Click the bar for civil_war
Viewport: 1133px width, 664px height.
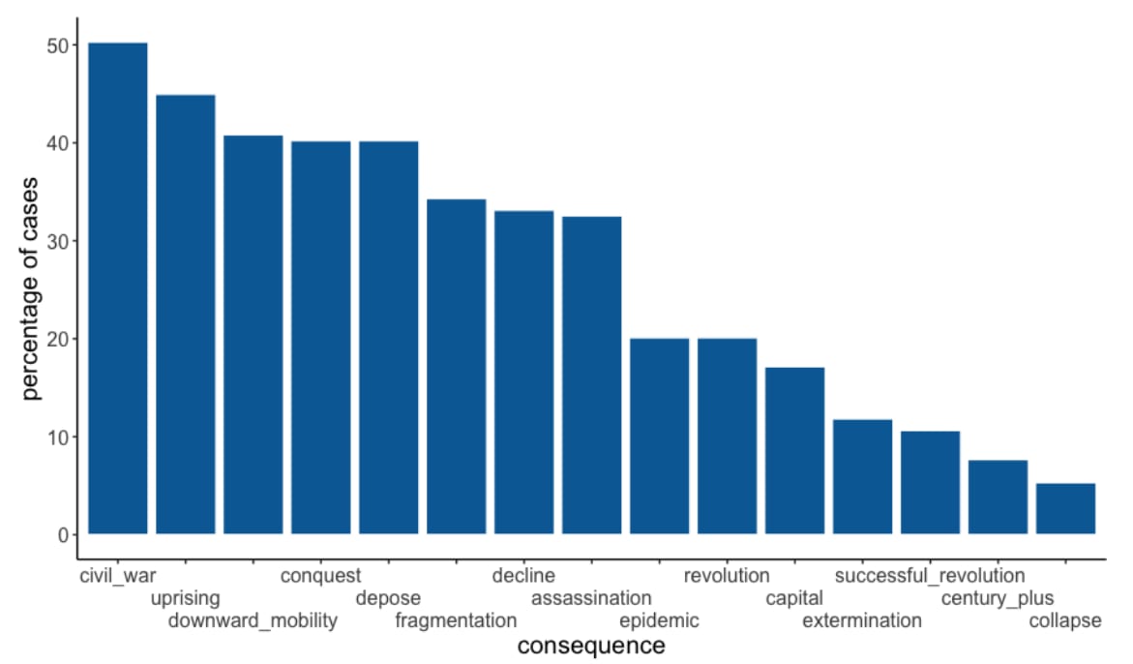[x=118, y=288]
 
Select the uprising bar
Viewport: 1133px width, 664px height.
[x=186, y=315]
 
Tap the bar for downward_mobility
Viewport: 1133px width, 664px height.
[x=253, y=335]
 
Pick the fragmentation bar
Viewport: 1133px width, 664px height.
[x=457, y=366]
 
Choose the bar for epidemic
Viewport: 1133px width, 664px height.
[x=660, y=437]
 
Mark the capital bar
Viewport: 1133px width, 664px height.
[x=794, y=451]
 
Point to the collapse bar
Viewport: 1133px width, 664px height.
[x=1066, y=509]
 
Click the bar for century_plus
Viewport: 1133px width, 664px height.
[x=998, y=498]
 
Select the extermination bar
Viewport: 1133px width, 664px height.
[x=863, y=477]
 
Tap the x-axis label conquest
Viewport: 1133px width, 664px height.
[x=321, y=576]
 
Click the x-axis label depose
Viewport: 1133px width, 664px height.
[x=388, y=598]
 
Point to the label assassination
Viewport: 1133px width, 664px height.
[x=591, y=598]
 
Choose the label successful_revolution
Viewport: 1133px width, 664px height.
[x=930, y=576]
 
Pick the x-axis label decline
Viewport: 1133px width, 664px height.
[x=523, y=576]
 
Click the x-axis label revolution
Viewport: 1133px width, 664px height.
[x=727, y=576]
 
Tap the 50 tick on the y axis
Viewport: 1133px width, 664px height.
[x=58, y=46]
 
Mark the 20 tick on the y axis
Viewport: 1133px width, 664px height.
[x=58, y=339]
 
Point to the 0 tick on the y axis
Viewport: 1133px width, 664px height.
[x=64, y=534]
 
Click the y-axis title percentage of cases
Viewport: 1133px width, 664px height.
[x=29, y=288]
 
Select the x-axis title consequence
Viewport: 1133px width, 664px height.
[x=591, y=646]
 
